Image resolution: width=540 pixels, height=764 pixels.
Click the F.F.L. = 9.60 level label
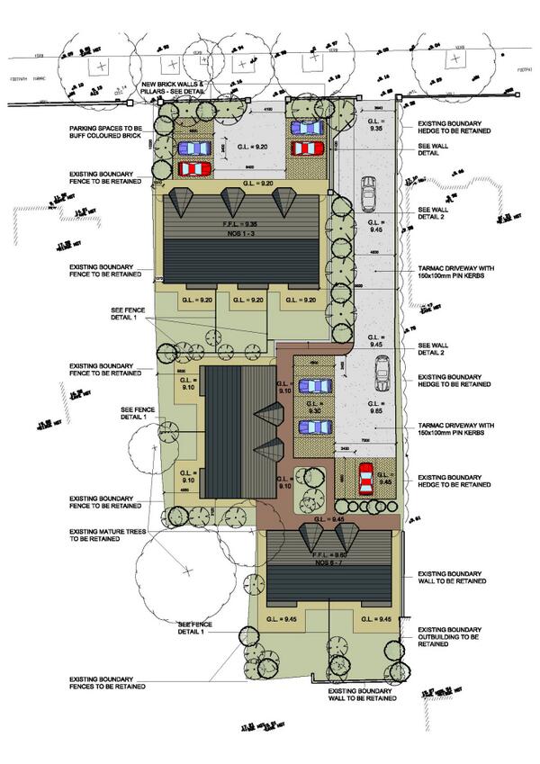[x=328, y=556]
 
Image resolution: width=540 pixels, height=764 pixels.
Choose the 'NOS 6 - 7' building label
[x=328, y=564]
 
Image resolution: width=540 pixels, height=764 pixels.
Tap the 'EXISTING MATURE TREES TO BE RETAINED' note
[x=106, y=538]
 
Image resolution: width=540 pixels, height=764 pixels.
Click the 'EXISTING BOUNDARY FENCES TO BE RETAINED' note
[x=106, y=685]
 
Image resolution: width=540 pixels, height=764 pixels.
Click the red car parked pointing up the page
[x=366, y=479]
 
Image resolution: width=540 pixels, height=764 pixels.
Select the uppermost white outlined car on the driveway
[x=368, y=192]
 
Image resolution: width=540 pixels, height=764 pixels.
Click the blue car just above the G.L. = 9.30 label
[x=315, y=386]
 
